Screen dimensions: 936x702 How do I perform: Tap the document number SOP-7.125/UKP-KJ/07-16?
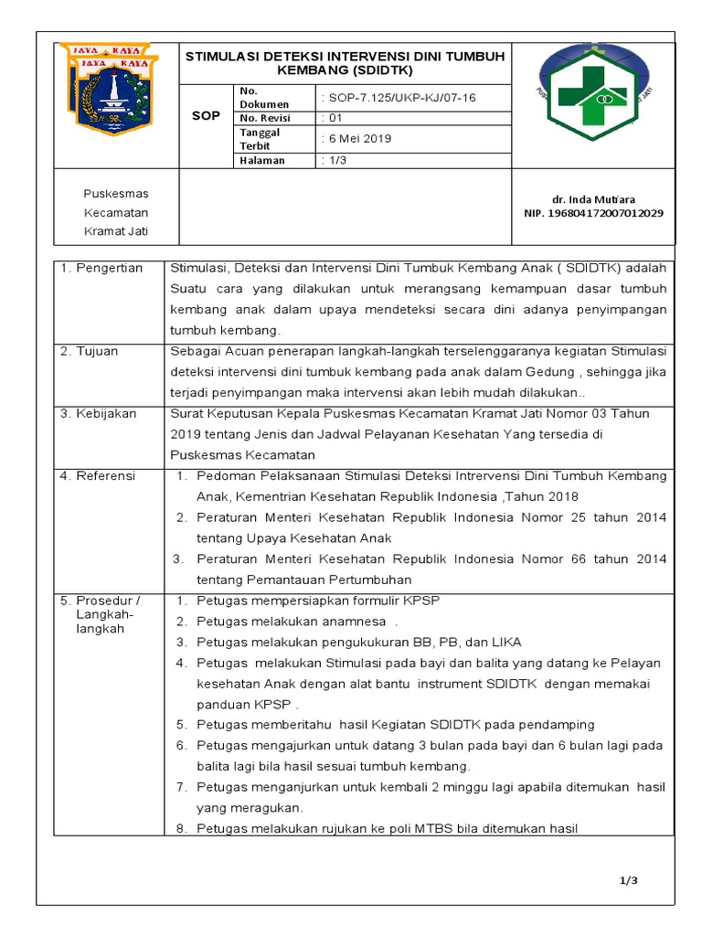pyautogui.click(x=399, y=97)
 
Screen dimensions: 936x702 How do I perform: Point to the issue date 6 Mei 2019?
pyautogui.click(x=356, y=139)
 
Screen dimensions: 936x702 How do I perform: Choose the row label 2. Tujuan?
pyautogui.click(x=90, y=351)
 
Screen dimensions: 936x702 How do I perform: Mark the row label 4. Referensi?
pyautogui.click(x=98, y=476)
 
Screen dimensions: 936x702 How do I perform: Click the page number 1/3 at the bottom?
pyautogui.click(x=627, y=880)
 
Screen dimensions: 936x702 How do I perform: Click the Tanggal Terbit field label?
pyautogui.click(x=260, y=139)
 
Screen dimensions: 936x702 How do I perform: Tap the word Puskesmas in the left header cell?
pyautogui.click(x=115, y=194)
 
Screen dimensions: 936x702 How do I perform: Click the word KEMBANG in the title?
pyautogui.click(x=313, y=69)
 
